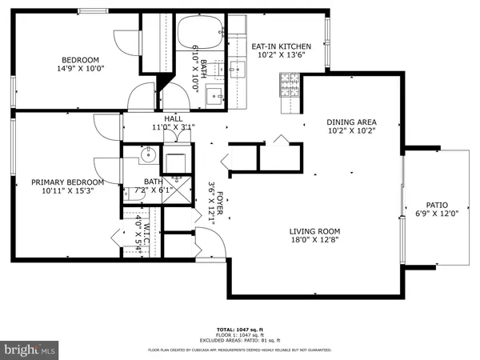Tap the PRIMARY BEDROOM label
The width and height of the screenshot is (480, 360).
[63, 182]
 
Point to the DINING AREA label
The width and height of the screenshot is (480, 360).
[351, 122]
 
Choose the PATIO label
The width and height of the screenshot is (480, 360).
[436, 204]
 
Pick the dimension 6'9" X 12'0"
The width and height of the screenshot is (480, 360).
[436, 214]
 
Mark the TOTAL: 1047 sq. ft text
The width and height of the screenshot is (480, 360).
[239, 330]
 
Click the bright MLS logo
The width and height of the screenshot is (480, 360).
[30, 350]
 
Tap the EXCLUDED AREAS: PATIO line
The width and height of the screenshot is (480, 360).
[239, 341]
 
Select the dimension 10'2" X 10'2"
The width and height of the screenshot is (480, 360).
[351, 132]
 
